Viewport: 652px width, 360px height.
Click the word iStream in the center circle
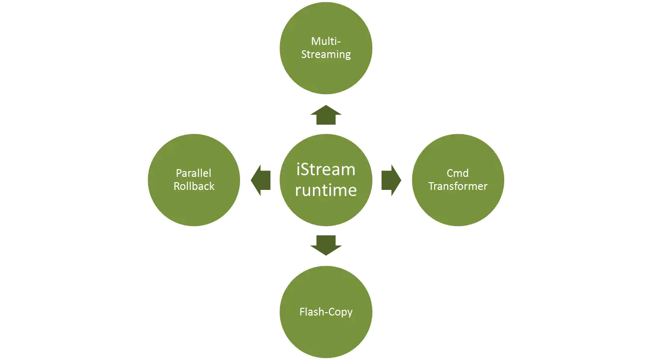click(x=326, y=170)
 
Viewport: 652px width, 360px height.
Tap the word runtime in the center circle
click(x=326, y=190)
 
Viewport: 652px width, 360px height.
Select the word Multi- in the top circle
click(x=326, y=41)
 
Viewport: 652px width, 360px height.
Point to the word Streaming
click(x=326, y=54)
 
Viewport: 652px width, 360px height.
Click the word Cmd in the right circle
click(x=457, y=173)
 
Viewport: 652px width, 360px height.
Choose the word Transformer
click(x=457, y=186)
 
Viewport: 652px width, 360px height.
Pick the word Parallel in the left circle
click(x=194, y=173)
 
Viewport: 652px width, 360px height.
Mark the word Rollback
click(x=194, y=186)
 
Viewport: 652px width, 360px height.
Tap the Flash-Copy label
click(x=326, y=312)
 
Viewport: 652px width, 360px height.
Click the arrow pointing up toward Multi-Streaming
click(x=326, y=116)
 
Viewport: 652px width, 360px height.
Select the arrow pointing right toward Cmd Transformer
click(x=390, y=180)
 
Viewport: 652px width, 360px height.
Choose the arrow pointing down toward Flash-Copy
click(x=326, y=244)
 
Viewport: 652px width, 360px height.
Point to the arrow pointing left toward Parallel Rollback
click(x=260, y=180)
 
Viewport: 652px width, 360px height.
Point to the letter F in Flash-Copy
click(x=302, y=312)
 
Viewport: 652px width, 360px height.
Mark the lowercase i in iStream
click(x=298, y=170)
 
